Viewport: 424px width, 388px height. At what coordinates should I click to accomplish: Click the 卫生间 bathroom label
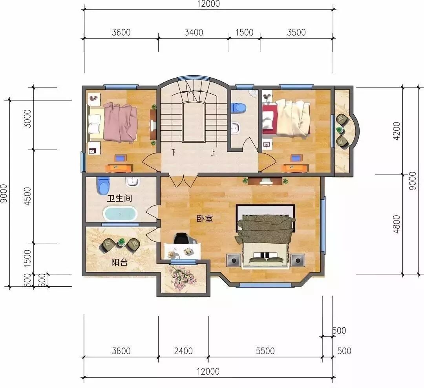119,199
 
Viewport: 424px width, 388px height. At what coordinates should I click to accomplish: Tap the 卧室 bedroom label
205,219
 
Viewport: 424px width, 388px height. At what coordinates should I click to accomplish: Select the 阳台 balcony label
119,262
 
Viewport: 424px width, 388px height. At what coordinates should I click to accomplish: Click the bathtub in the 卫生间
120,213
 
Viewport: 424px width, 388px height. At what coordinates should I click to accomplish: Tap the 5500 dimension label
265,351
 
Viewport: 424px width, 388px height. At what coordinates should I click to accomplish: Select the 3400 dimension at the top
194,33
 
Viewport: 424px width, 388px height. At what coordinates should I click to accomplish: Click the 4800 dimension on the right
397,224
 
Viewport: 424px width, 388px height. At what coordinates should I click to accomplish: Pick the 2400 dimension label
183,351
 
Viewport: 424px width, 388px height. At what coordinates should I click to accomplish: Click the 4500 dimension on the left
27,196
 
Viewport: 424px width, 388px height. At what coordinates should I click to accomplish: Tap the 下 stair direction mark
174,152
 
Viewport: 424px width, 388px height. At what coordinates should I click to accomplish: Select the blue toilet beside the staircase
239,107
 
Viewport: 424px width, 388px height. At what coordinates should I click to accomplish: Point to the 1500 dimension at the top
244,33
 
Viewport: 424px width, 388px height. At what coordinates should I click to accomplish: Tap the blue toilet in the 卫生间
103,185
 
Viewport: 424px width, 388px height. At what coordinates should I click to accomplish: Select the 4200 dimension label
397,131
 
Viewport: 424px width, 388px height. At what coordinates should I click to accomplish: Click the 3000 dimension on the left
27,118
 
